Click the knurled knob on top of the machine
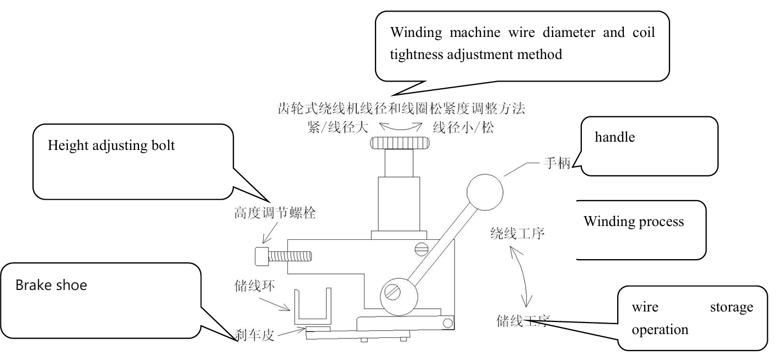click(400, 143)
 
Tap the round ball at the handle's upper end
click(485, 192)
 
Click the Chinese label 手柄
click(557, 163)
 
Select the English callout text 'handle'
click(615, 137)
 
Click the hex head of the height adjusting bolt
click(262, 256)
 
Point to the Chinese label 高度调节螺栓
click(275, 213)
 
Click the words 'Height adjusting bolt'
click(111, 146)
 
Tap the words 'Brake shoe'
click(51, 285)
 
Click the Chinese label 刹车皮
click(255, 335)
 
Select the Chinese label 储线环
click(255, 286)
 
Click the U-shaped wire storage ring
click(313, 305)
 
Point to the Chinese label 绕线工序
click(517, 233)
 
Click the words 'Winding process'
click(634, 222)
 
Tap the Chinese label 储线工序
click(523, 321)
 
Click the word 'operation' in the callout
click(660, 330)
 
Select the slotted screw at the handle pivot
click(393, 293)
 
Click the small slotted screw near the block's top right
click(421, 249)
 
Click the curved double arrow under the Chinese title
click(401, 127)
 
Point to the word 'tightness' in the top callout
click(416, 55)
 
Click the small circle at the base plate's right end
click(448, 323)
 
